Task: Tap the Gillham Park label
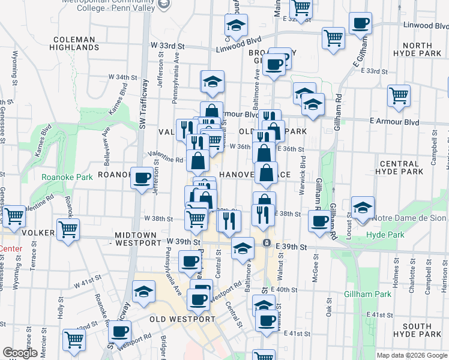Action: click(x=368, y=294)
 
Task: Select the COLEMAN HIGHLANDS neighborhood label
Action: click(x=73, y=43)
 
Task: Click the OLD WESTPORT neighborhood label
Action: click(x=182, y=319)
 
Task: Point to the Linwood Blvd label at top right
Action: click(x=426, y=26)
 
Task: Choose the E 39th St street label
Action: click(x=292, y=247)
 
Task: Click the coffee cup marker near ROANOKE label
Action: click(x=142, y=178)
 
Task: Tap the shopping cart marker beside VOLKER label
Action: click(x=68, y=229)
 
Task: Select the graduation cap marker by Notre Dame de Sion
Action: click(x=363, y=208)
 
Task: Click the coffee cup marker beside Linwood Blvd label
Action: click(x=360, y=24)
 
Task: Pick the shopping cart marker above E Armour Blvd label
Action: click(x=399, y=95)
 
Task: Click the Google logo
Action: click(x=20, y=353)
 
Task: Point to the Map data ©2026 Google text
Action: click(x=411, y=355)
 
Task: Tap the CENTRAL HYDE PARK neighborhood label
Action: click(x=399, y=167)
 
